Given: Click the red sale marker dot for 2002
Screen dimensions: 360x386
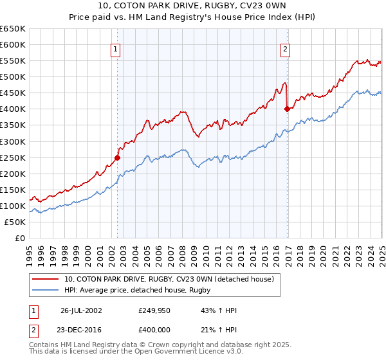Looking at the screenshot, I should [x=118, y=157].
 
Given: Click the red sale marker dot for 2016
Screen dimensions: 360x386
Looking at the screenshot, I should [x=287, y=109].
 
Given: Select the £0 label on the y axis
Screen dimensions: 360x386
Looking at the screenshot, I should [x=20, y=238].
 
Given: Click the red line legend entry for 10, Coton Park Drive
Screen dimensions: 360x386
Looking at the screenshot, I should [x=169, y=279].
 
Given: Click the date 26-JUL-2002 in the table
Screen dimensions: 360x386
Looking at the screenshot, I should [x=81, y=310].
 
